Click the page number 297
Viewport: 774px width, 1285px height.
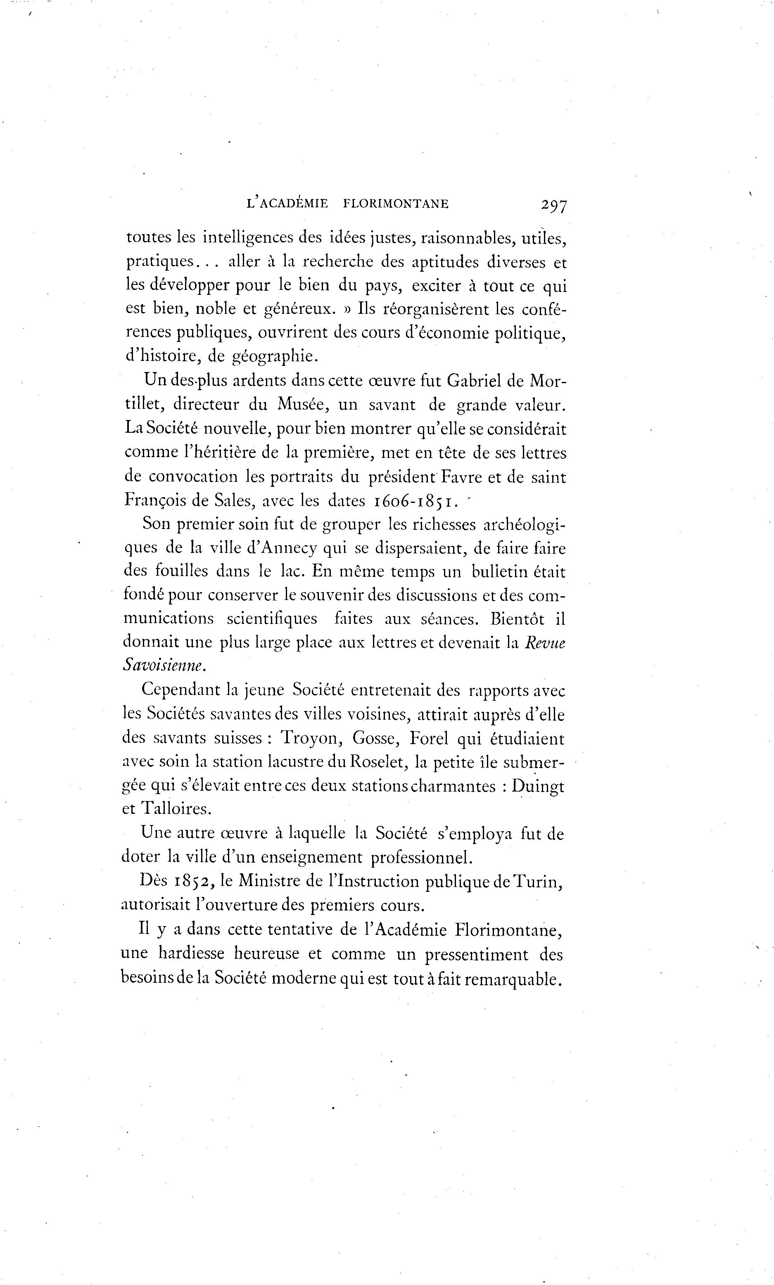(554, 205)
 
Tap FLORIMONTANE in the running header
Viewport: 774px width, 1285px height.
(396, 204)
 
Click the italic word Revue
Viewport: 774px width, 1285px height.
(545, 643)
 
